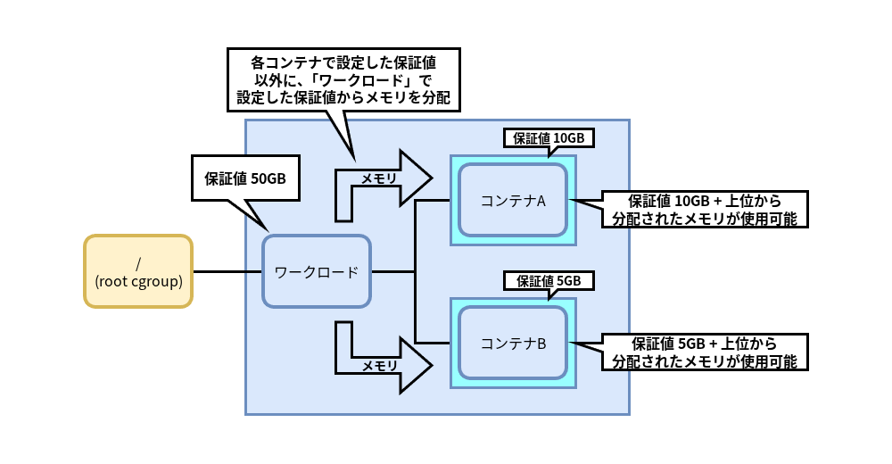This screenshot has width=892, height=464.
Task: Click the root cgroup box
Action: (x=138, y=271)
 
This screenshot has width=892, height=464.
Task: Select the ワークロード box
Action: (x=316, y=271)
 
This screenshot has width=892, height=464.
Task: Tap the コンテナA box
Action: (x=513, y=200)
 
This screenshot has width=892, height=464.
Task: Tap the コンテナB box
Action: (x=513, y=343)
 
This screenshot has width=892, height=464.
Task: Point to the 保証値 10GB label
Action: (x=549, y=138)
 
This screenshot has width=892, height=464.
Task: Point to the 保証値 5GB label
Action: (x=549, y=280)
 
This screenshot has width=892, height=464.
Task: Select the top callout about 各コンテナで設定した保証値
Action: (x=343, y=79)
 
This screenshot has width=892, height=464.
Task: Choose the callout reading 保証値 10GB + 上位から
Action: (x=705, y=209)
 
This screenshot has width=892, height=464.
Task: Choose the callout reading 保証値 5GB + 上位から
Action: (x=705, y=352)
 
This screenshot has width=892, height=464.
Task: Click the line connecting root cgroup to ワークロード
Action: (x=227, y=271)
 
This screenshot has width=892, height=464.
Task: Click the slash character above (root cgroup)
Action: (x=138, y=263)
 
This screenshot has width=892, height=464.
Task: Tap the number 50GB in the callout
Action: (x=268, y=178)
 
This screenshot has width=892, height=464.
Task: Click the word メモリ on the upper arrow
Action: (x=379, y=178)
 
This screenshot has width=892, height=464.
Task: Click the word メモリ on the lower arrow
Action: (x=379, y=366)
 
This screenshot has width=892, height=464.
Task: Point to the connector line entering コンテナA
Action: (x=433, y=200)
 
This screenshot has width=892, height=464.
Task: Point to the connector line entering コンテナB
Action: (x=433, y=343)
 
